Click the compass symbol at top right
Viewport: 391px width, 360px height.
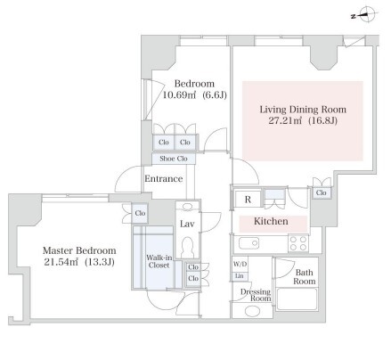[367, 14]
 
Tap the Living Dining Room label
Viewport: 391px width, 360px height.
[303, 110]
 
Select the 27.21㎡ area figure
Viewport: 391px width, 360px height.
[285, 121]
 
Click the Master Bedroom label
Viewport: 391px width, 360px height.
[79, 250]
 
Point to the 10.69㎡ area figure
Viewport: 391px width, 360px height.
[180, 95]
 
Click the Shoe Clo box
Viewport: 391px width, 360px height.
[174, 159]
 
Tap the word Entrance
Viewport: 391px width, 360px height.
[164, 179]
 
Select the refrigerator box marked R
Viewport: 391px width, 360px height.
[248, 199]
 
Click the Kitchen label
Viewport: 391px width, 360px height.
[271, 221]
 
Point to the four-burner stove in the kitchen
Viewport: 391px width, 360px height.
[298, 243]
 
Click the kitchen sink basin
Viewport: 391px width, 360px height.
[248, 243]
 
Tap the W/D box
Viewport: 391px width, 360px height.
[240, 264]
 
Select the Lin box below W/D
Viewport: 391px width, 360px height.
[240, 276]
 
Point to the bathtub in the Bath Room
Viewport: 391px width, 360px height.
[297, 299]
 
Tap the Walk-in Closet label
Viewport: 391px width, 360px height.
[159, 262]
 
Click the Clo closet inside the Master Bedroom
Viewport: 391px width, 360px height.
[140, 213]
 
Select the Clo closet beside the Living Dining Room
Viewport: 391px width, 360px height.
[322, 192]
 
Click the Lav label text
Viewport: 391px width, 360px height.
[187, 224]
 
